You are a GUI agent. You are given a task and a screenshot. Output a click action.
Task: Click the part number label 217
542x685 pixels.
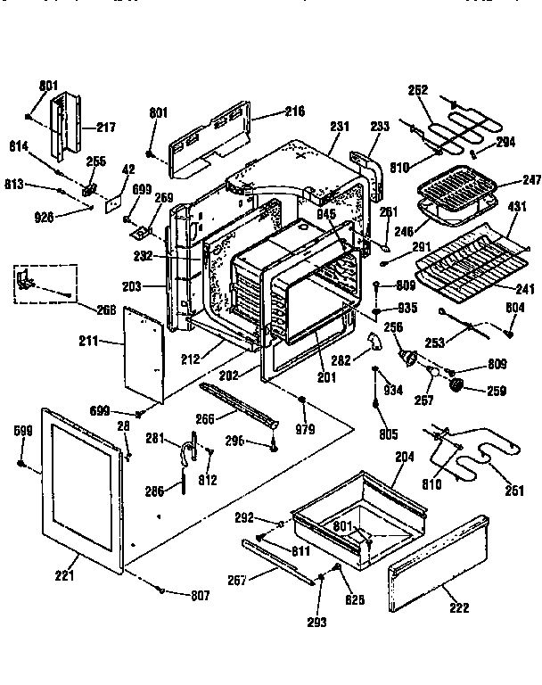[x=106, y=128]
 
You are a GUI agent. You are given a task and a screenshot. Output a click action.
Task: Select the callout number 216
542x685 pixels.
[x=294, y=111]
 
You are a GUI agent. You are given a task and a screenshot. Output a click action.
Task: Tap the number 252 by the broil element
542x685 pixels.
[x=418, y=90]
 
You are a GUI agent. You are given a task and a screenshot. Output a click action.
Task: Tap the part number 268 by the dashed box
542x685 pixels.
[x=108, y=310]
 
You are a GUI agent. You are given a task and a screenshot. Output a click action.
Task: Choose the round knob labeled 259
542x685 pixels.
[x=461, y=384]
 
